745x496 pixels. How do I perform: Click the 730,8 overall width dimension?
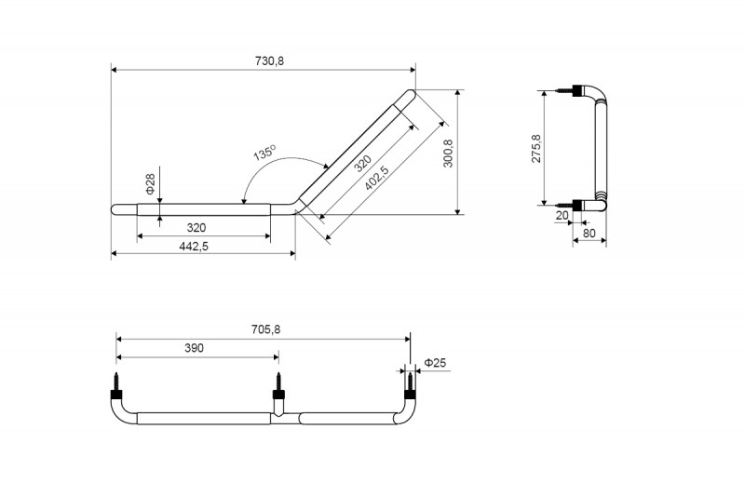[269, 61]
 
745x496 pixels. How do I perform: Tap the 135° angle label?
[264, 153]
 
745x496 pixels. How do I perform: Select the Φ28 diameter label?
[150, 183]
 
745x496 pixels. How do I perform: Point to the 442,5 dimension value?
[194, 246]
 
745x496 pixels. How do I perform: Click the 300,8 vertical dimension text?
[448, 154]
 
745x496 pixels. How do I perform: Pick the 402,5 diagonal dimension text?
[376, 178]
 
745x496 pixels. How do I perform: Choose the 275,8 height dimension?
[536, 149]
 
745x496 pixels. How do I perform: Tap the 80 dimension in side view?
[589, 233]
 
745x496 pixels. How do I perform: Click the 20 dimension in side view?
[562, 215]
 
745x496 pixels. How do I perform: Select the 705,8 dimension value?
[265, 328]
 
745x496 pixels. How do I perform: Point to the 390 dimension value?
[194, 348]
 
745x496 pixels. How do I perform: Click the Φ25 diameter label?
[435, 363]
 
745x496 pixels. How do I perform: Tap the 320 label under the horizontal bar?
[196, 227]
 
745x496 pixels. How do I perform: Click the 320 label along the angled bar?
[363, 163]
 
